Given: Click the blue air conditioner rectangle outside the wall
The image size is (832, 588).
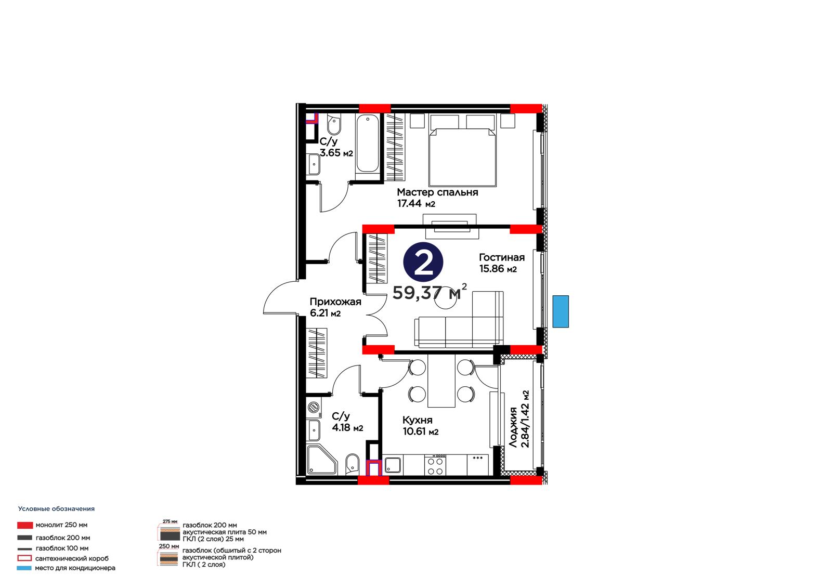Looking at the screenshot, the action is tap(561, 311).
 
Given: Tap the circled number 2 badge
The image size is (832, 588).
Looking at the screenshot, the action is tap(423, 262).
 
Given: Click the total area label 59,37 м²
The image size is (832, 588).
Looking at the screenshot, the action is tap(430, 292).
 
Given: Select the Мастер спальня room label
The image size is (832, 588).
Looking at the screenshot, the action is tap(437, 192).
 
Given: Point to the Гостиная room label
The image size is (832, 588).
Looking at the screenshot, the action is tap(502, 257).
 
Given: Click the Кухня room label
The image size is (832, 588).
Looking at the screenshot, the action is tap(417, 420).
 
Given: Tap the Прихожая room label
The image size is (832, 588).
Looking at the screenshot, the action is tap(335, 301).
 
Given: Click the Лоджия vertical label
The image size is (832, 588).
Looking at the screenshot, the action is tap(513, 427).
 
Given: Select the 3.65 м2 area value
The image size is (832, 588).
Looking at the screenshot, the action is tap(336, 153).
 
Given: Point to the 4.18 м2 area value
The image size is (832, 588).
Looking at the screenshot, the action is tap(347, 427).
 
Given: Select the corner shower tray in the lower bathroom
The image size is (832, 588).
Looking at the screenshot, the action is tap(322, 460).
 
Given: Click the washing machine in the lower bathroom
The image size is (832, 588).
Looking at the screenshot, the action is tap(314, 407).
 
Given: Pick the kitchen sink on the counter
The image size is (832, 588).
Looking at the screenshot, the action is tap(393, 465).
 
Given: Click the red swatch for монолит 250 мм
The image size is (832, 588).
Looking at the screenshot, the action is tap(25, 525).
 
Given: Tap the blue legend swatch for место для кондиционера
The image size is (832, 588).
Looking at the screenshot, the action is tap(24, 568).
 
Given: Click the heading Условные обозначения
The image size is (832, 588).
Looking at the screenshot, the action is tap(57, 509).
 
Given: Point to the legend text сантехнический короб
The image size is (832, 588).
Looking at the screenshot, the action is tap(72, 558).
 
